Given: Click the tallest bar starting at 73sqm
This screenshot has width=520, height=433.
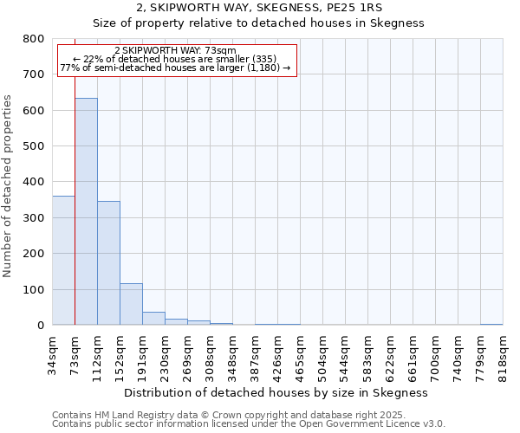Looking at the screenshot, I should point(86,211).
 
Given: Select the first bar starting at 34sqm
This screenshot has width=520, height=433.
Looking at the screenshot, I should point(63,260).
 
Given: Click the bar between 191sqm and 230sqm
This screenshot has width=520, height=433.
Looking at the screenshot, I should point(153,318).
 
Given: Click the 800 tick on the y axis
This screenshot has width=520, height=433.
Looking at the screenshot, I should point(33,39).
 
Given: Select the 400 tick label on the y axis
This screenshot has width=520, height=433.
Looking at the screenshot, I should point(33,182).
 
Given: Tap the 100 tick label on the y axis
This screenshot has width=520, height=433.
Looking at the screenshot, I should point(33,289).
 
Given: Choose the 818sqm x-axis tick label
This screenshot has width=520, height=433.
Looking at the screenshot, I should point(503,356).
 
